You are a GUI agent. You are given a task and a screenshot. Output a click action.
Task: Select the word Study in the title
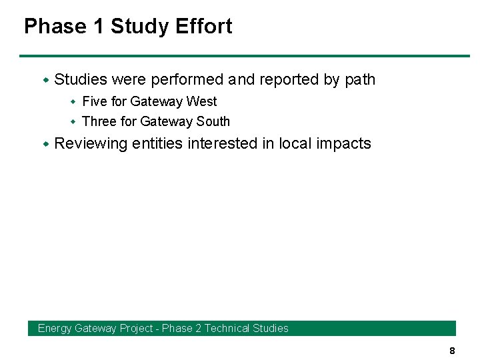click(139, 27)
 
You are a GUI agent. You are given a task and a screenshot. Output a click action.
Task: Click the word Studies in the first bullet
click(81, 80)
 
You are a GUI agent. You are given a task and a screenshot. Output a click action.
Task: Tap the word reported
click(289, 80)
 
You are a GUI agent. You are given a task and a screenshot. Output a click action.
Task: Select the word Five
click(94, 102)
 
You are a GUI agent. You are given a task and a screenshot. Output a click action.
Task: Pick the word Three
click(99, 122)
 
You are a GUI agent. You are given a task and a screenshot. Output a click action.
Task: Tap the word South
click(213, 122)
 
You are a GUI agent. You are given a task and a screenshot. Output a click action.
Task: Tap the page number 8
click(452, 351)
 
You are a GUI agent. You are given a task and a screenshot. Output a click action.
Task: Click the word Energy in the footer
click(55, 329)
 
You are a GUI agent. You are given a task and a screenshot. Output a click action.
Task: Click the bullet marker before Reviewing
click(46, 144)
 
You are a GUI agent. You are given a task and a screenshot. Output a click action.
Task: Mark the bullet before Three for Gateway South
click(74, 122)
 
